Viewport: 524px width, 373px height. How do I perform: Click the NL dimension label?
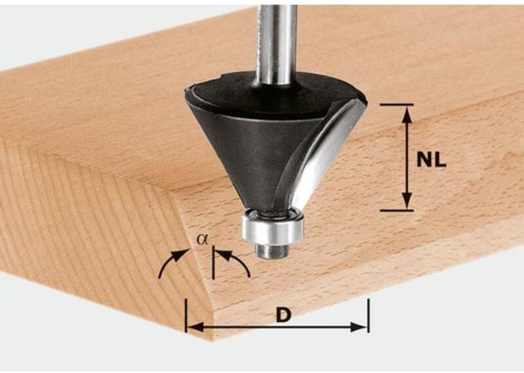[x=432, y=160]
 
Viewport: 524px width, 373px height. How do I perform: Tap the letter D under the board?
[x=284, y=315]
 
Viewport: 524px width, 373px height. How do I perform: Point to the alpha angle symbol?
[x=202, y=239]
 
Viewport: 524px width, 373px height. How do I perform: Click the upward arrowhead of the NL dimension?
[x=407, y=115]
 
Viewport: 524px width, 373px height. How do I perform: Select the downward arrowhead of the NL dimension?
[x=407, y=200]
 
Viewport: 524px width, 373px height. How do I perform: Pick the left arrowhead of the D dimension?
[x=195, y=327]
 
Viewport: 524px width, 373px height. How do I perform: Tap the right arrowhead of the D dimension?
[x=358, y=327]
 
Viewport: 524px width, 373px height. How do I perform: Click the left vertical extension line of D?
[x=186, y=315]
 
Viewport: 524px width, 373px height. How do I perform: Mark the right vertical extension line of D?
[x=368, y=315]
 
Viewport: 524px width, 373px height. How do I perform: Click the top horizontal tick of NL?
[x=397, y=105]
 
